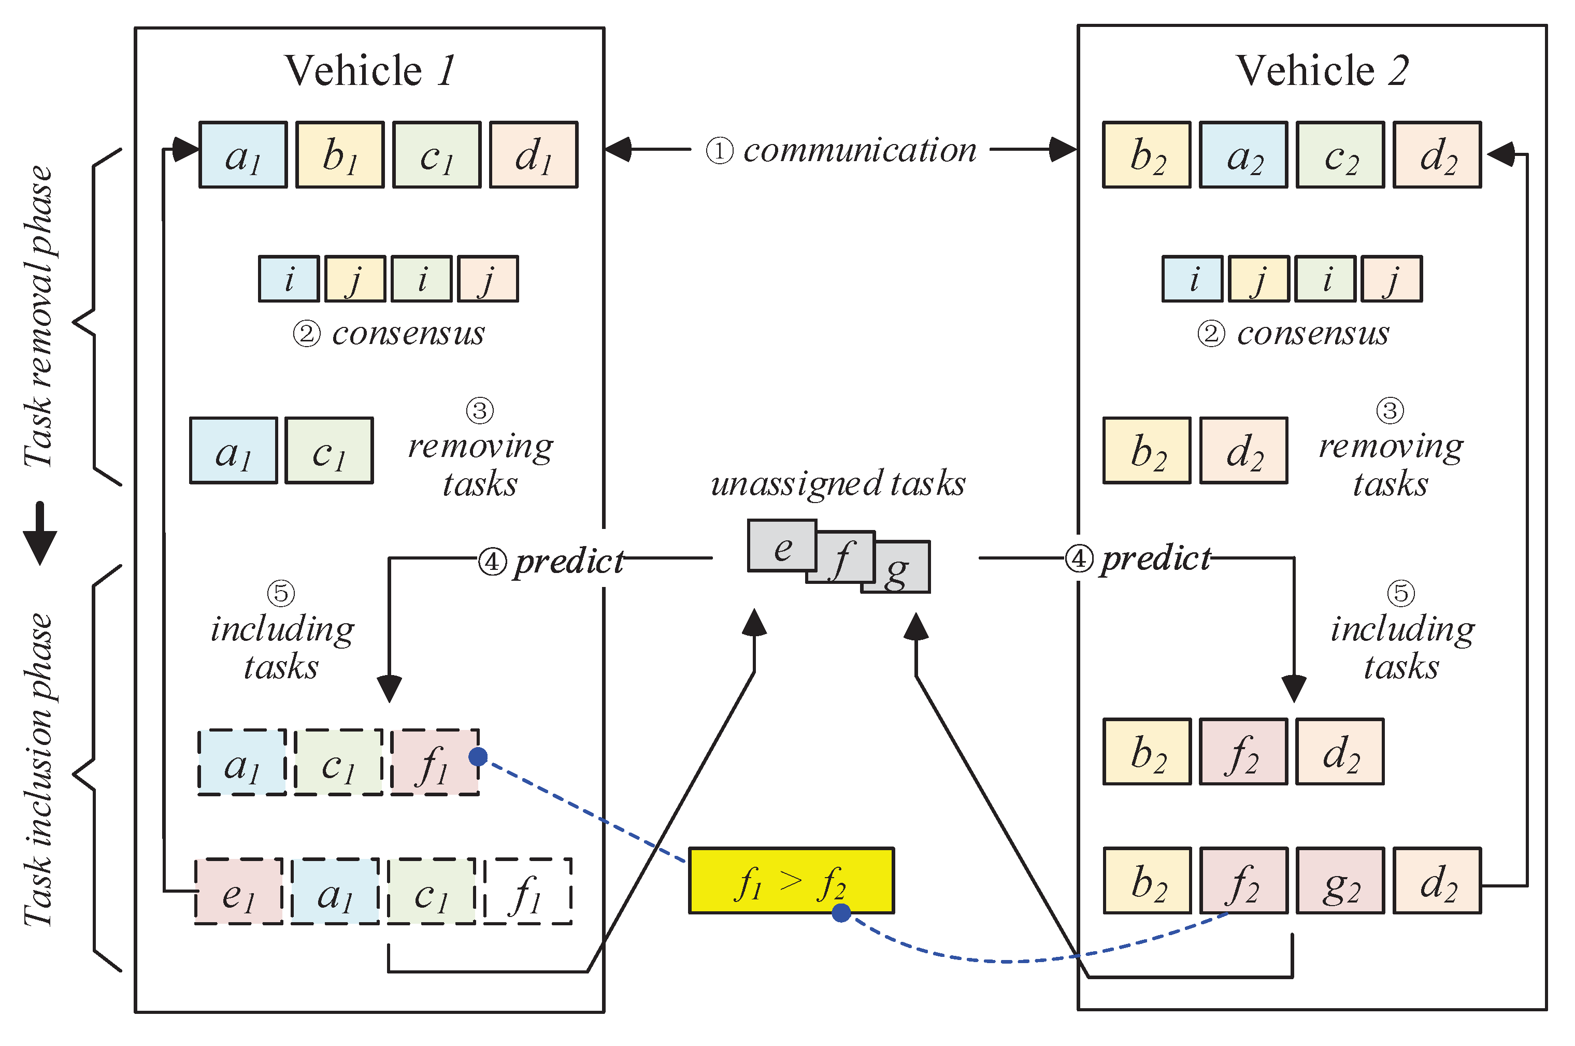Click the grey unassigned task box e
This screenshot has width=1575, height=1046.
[781, 546]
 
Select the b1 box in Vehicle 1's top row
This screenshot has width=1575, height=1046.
[339, 155]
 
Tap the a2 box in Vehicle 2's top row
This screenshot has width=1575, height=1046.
[1243, 155]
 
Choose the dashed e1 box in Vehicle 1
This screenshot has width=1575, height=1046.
[238, 891]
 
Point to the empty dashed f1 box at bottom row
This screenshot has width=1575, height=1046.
[527, 891]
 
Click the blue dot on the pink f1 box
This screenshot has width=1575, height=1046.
[478, 756]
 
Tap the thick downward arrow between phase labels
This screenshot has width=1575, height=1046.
[40, 533]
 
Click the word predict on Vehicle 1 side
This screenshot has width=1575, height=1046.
[568, 561]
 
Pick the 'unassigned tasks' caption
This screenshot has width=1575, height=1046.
[838, 484]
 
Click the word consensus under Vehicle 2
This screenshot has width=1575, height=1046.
[1312, 333]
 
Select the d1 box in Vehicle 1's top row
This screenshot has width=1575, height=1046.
[533, 155]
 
